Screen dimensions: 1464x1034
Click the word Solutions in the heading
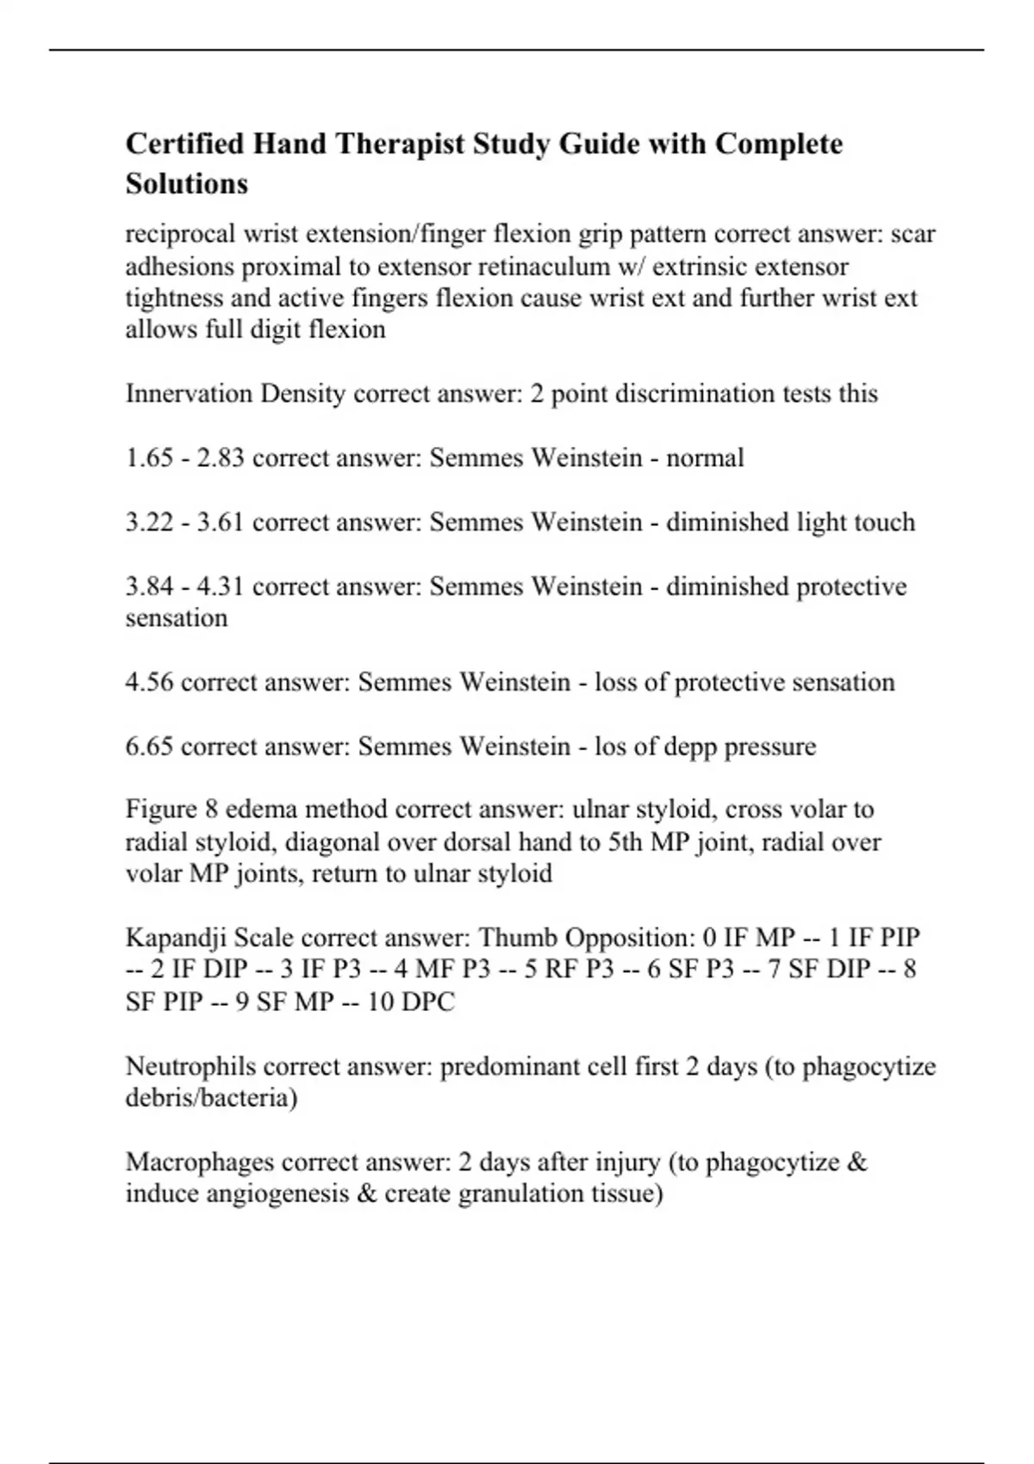pyautogui.click(x=186, y=184)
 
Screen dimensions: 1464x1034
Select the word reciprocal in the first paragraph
pyautogui.click(x=181, y=234)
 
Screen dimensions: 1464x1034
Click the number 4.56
pyautogui.click(x=149, y=682)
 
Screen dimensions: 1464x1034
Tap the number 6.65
pyautogui.click(x=149, y=746)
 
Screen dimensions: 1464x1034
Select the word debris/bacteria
pyautogui.click(x=211, y=1098)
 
